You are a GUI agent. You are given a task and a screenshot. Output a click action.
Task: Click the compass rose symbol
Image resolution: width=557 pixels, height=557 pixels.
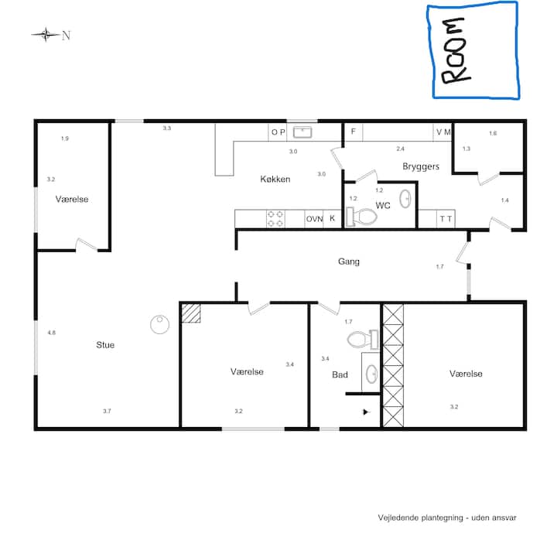(x=46, y=35)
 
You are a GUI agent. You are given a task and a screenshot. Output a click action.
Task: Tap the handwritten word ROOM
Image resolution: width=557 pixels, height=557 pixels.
(x=456, y=50)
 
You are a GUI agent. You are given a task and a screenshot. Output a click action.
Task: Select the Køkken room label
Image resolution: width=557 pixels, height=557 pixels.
(x=275, y=179)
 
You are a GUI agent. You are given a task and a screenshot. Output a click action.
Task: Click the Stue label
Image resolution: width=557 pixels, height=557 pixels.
(x=105, y=344)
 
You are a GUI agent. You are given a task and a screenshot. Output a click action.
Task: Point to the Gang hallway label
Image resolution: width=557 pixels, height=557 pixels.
(x=348, y=261)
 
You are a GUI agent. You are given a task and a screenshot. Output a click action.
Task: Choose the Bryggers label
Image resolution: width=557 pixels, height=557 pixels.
(x=421, y=166)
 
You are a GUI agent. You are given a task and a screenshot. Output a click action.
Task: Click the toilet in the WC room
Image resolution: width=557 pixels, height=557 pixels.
(x=361, y=216)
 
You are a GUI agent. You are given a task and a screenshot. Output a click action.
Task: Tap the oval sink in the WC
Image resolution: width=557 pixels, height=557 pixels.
(x=405, y=199)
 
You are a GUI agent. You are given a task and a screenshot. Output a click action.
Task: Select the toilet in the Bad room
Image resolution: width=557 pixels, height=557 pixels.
(x=362, y=340)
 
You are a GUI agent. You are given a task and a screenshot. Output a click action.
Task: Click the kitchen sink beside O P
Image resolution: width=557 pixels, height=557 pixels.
(x=302, y=132)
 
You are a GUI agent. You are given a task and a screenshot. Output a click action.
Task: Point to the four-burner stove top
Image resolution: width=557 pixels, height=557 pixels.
(x=275, y=219)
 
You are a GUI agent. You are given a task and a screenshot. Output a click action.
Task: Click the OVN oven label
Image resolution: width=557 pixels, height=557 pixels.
(x=314, y=219)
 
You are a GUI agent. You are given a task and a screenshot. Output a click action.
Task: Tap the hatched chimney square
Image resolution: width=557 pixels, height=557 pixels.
(x=191, y=313)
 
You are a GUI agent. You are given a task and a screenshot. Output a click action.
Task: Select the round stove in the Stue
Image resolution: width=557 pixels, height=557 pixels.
(x=159, y=324)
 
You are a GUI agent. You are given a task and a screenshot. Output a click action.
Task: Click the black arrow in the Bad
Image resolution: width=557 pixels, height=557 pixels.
(x=366, y=412)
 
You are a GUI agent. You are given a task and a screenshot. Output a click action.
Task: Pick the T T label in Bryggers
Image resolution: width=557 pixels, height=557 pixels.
(x=446, y=219)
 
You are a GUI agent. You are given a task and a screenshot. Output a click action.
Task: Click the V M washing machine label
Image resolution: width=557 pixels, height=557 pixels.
(x=443, y=132)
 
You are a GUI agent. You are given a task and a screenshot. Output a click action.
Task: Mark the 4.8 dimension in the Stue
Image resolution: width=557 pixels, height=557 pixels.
(x=52, y=333)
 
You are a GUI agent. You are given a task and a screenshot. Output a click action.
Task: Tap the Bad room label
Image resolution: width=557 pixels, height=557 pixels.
(x=340, y=374)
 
